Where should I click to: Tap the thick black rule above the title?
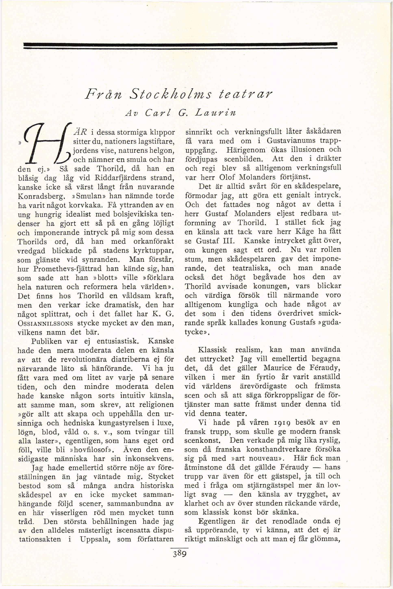point(180,45)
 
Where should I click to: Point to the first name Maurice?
point(278,368)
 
